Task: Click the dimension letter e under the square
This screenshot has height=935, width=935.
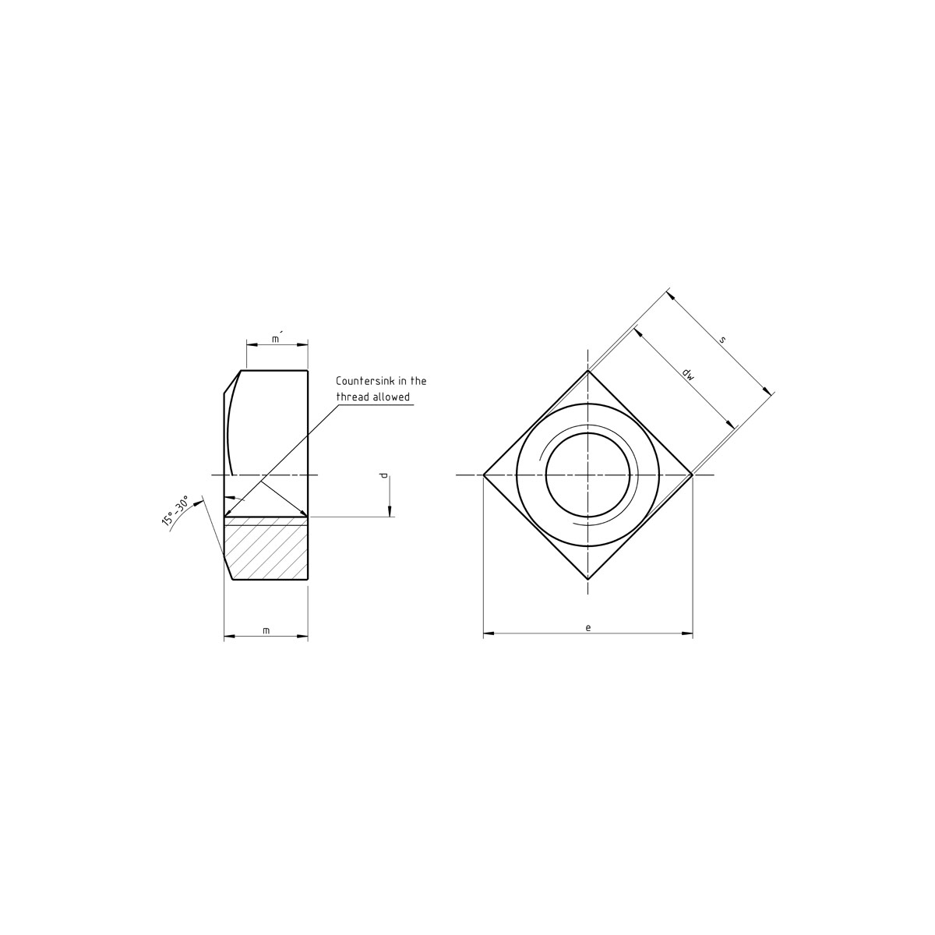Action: tap(588, 627)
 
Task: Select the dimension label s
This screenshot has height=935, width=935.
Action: tap(722, 340)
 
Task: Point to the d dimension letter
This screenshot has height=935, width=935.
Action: tap(384, 475)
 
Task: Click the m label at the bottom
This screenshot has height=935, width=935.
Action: tap(266, 631)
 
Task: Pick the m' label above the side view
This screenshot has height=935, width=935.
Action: tap(277, 337)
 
